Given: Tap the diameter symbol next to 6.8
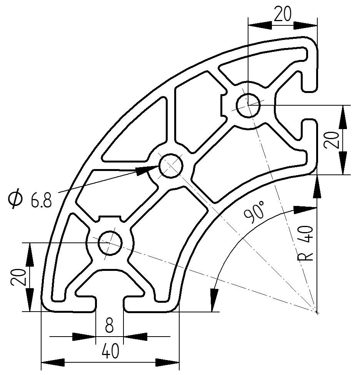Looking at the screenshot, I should pyautogui.click(x=16, y=199).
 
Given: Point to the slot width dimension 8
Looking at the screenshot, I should pyautogui.click(x=109, y=327).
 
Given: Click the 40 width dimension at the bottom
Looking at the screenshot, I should pyautogui.click(x=110, y=351).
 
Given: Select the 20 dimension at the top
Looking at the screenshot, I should pyautogui.click(x=283, y=14).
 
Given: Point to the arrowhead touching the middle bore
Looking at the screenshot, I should pyautogui.click(x=148, y=170).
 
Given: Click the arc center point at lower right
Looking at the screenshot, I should pyautogui.click(x=317, y=312).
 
